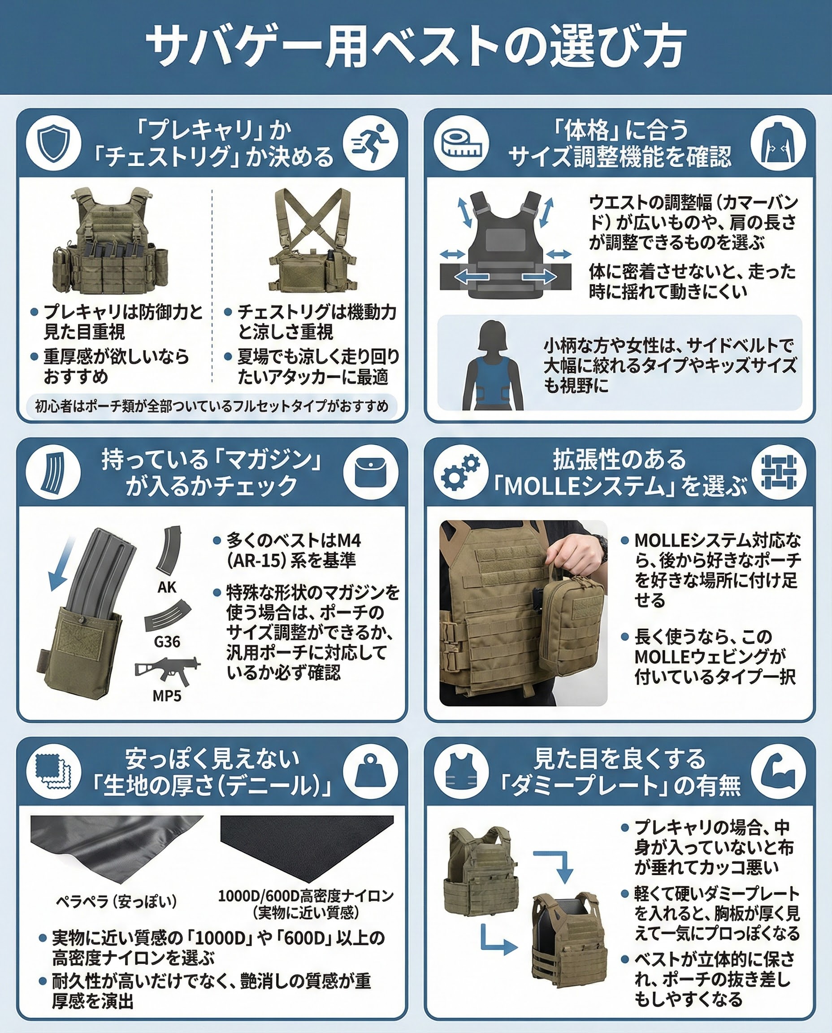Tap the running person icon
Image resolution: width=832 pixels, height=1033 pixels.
(370, 143)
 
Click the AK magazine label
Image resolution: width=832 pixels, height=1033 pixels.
(167, 587)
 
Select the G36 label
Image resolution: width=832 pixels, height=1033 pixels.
(167, 642)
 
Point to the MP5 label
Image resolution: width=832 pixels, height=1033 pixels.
(167, 695)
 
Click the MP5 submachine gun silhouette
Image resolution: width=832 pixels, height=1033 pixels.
(168, 670)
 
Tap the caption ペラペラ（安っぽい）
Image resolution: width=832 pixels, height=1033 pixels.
(117, 902)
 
